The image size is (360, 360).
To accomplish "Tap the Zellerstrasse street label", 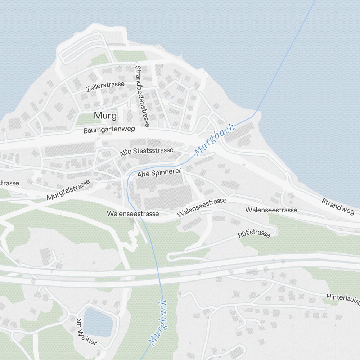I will click(x=105, y=86).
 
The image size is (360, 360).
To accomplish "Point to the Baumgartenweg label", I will click(x=109, y=130).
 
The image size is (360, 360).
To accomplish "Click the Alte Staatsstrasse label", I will click(x=147, y=152).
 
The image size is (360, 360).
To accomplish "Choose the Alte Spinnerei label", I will click(x=159, y=174).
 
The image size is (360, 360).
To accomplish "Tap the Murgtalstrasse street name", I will click(x=68, y=190).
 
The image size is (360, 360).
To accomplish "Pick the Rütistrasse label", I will click(x=254, y=234).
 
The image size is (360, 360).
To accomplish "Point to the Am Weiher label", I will click(x=86, y=331).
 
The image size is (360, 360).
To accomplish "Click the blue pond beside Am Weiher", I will click(x=98, y=321).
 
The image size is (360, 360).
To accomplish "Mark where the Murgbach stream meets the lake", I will click(x=256, y=114).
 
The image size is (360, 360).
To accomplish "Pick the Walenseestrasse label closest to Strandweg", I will click(x=271, y=210).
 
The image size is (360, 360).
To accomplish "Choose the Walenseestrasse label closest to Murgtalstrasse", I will click(x=132, y=213).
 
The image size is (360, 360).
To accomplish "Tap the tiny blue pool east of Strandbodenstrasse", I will click(x=172, y=97).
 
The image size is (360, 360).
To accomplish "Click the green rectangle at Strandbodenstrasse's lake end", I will click(x=130, y=55).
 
